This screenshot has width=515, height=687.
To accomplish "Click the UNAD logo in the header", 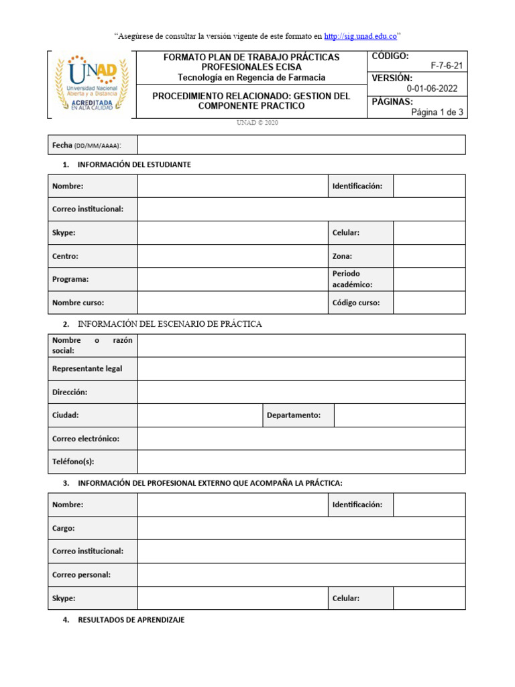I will (x=91, y=84).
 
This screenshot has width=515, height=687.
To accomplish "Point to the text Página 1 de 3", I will (x=437, y=112).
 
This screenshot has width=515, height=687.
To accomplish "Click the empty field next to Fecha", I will (x=301, y=145).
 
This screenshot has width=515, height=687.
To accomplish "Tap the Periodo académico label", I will (x=353, y=279).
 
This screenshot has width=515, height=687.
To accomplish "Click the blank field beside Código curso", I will (x=428, y=303).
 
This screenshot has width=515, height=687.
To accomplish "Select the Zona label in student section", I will (x=342, y=256).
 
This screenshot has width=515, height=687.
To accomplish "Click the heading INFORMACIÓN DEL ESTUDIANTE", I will (x=134, y=165).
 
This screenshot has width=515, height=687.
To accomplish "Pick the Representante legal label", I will (x=87, y=369).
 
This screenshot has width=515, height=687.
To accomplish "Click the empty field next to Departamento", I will (x=399, y=415).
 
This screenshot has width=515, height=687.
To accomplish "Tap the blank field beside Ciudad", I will (x=199, y=415).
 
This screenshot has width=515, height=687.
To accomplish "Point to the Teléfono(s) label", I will (x=73, y=462).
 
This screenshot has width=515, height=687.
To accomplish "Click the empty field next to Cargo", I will (x=301, y=528).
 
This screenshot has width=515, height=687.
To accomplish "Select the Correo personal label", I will (x=81, y=574).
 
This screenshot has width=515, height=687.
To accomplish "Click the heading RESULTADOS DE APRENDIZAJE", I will (x=131, y=621).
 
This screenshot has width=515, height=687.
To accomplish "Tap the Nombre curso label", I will (x=78, y=303).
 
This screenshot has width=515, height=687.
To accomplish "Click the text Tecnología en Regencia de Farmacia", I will (x=251, y=78).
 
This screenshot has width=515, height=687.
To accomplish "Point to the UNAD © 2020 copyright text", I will (x=257, y=123).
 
